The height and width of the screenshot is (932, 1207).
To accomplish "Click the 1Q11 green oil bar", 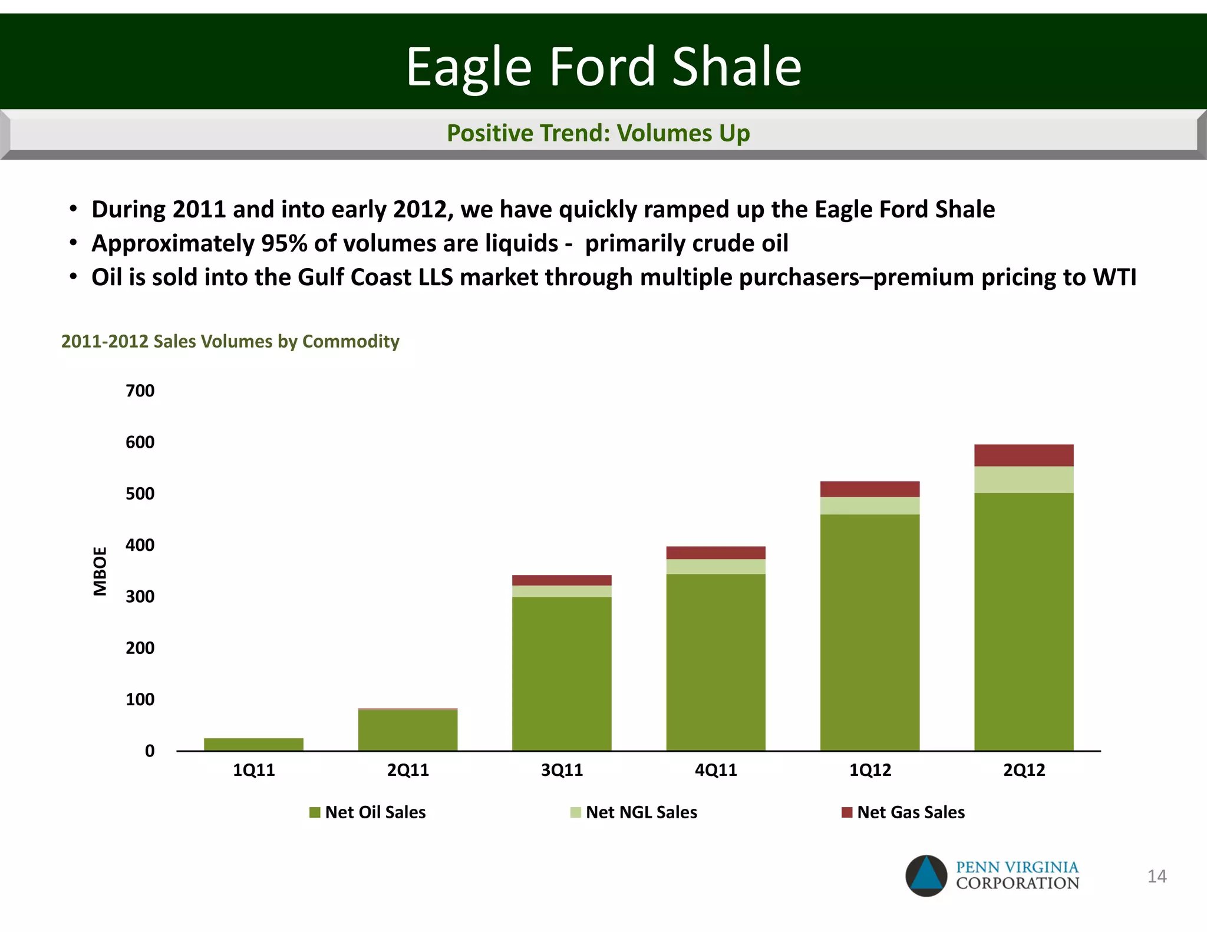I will (253, 744).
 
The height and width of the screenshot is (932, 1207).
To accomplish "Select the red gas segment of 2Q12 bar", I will (1024, 455).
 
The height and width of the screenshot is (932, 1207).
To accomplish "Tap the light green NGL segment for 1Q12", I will (870, 505).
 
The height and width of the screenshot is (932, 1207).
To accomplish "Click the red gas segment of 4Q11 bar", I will (715, 553).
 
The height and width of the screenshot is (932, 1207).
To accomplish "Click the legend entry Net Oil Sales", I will (375, 812).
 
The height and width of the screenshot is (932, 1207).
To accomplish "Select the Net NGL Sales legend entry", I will (641, 812).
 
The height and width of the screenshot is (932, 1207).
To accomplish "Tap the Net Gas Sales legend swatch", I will (847, 812).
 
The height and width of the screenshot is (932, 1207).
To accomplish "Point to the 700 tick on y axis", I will (140, 391).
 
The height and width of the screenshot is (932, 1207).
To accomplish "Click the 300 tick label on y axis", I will (140, 596).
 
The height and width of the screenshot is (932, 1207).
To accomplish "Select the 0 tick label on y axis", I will (150, 751).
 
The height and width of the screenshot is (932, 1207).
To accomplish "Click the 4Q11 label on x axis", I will (715, 770).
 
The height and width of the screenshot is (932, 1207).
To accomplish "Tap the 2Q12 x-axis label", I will (1024, 770).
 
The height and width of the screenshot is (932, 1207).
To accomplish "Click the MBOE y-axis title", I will (100, 571).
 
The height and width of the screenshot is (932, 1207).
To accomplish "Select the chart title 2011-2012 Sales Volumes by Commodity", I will (230, 341).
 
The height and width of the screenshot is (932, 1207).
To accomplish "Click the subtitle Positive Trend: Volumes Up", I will (598, 133).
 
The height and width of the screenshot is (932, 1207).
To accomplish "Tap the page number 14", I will (1156, 876).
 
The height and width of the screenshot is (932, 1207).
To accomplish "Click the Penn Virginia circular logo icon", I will (926, 875).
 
